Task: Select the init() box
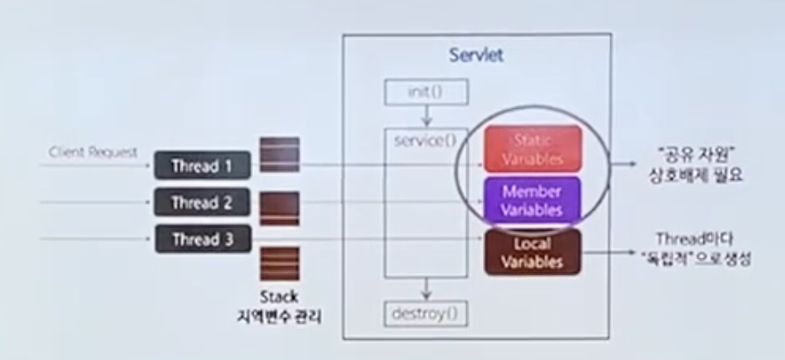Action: point(426,91)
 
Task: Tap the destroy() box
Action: point(426,312)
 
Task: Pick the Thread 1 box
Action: point(203,164)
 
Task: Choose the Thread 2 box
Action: point(203,202)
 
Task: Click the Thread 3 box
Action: point(203,238)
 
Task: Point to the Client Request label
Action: point(93,152)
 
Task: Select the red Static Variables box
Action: point(532,148)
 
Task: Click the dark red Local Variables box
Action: point(532,252)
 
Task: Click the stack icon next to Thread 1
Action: point(279,154)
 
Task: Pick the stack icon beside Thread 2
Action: point(279,207)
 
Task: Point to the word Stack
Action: point(279,296)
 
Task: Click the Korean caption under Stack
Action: point(280,315)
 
